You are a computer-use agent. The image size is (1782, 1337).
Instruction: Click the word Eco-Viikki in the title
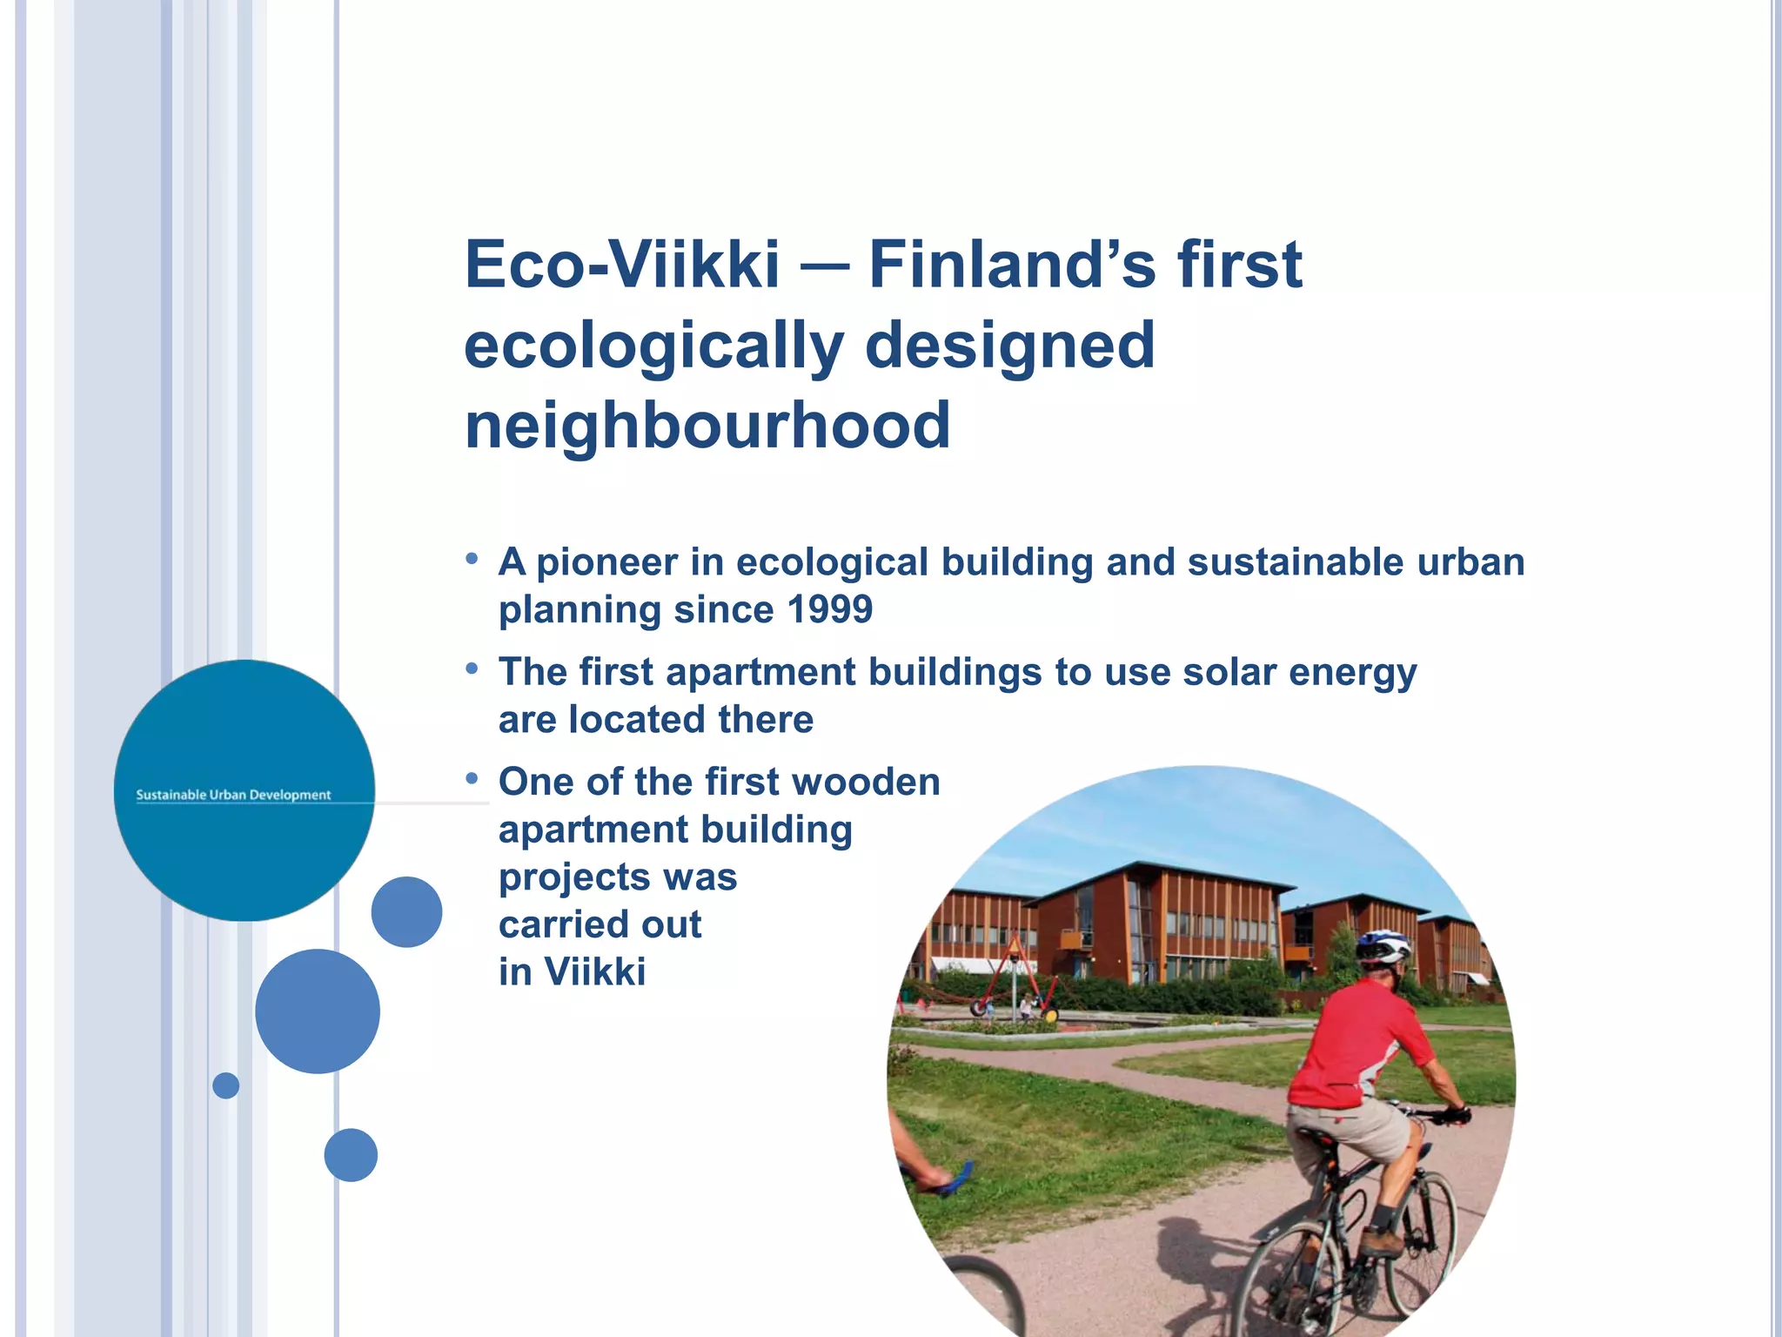coord(621,265)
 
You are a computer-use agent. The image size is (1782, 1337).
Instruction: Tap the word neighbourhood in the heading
coord(707,426)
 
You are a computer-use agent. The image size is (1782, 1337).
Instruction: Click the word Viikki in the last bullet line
coord(595,972)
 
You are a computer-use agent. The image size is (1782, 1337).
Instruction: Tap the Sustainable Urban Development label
coord(233,795)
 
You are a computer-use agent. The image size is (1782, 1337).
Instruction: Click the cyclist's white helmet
coord(1383,944)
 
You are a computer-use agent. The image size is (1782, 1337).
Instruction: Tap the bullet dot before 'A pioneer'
coord(472,558)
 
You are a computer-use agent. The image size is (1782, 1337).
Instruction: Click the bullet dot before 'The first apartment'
coord(472,668)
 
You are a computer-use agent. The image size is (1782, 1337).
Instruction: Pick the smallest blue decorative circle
coord(225,1085)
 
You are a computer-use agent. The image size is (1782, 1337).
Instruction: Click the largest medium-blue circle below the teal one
coord(318,1011)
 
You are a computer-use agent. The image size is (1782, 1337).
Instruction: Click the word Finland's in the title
coord(1012,265)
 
